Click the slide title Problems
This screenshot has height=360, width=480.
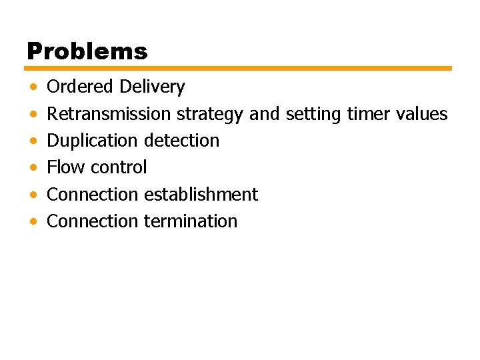pos(87,51)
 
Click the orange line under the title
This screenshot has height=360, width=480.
pos(239,68)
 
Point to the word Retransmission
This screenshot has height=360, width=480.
pos(109,114)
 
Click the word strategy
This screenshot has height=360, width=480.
pos(209,115)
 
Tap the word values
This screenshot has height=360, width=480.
pos(422,114)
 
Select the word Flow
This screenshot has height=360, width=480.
pos(63,167)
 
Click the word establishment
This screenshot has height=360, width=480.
pos(201,194)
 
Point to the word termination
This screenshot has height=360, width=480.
pos(191,221)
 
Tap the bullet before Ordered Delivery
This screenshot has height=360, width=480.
pos(33,87)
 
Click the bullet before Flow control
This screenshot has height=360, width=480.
pos(33,168)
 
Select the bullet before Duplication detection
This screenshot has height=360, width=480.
pos(33,141)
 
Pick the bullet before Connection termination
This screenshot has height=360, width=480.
pos(33,221)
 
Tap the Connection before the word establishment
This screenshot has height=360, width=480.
pos(93,194)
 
